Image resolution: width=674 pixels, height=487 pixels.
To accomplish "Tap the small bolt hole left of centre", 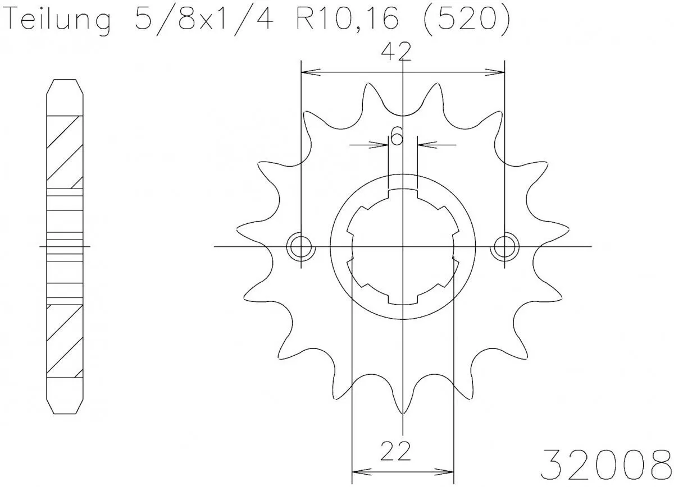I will click(300, 246).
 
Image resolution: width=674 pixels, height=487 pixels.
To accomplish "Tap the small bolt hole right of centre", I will click(504, 246).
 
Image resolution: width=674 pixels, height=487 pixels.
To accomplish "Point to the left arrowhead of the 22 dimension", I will click(358, 470).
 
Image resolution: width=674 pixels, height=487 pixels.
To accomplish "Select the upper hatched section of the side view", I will click(65, 151).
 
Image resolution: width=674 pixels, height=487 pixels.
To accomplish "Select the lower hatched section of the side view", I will click(65, 341).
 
